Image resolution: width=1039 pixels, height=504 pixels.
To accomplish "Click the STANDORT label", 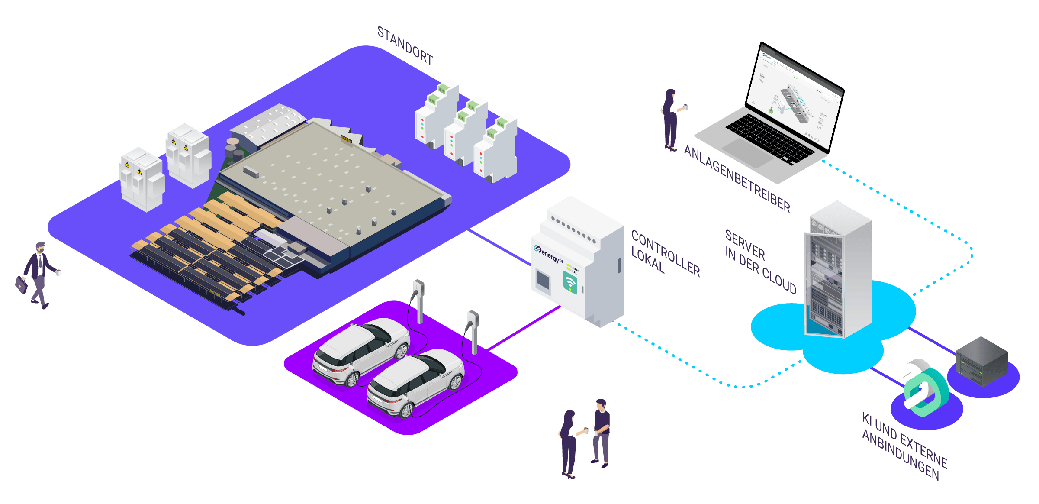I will click(x=405, y=45).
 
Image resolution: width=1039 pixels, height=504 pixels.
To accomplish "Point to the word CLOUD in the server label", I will click(x=779, y=280).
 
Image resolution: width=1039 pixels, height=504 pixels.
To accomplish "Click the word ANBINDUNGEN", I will click(x=901, y=455).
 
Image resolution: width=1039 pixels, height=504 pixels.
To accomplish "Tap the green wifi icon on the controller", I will click(x=570, y=283).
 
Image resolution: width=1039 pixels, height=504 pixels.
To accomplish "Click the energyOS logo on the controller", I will click(x=549, y=254).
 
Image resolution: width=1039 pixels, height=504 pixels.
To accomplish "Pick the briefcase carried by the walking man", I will click(x=21, y=285).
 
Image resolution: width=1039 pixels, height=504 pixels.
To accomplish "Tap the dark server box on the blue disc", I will click(x=982, y=362).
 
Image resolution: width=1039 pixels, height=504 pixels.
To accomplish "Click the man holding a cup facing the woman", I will click(x=601, y=433).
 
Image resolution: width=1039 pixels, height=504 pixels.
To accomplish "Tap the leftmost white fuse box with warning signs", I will click(x=142, y=180).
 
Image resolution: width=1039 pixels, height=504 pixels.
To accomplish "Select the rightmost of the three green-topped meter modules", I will click(x=496, y=149).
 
